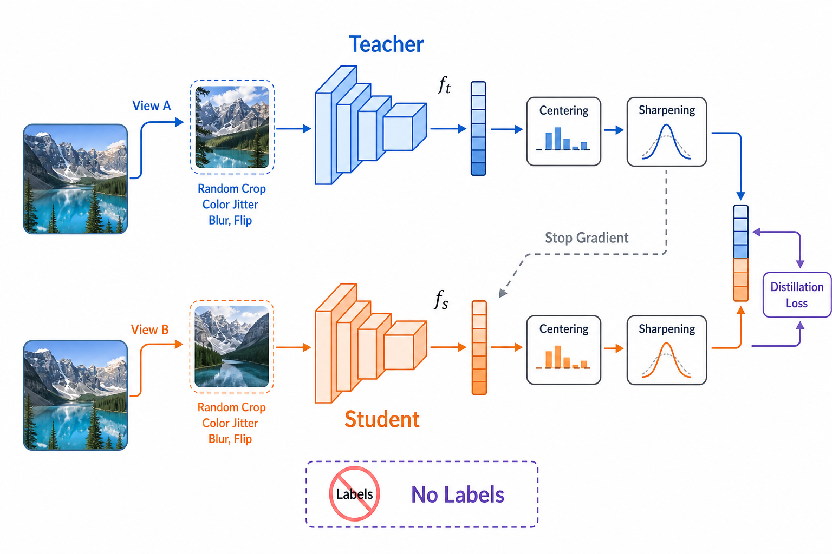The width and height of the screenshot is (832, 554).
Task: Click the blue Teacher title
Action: click(x=386, y=44)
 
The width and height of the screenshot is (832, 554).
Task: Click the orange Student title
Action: click(x=382, y=419)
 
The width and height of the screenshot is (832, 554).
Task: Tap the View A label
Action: click(x=152, y=105)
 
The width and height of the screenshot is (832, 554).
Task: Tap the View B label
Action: click(x=150, y=329)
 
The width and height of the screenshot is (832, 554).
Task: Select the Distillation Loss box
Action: click(x=797, y=295)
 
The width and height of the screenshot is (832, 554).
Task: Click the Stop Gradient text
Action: click(x=587, y=238)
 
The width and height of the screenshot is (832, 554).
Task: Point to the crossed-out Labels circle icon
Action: click(x=354, y=493)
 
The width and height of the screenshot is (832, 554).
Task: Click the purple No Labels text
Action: click(x=458, y=494)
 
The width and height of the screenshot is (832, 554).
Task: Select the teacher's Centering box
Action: click(x=564, y=131)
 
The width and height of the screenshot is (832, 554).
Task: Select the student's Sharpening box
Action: click(x=667, y=350)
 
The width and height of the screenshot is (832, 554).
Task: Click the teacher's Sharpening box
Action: click(x=667, y=131)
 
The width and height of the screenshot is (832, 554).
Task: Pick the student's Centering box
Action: click(x=564, y=350)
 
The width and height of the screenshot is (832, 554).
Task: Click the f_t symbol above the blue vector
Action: click(x=444, y=85)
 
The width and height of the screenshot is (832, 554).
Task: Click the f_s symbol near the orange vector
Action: click(x=441, y=299)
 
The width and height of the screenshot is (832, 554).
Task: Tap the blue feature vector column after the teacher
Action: click(x=478, y=128)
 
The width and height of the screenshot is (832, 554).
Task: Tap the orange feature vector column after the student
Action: click(x=479, y=347)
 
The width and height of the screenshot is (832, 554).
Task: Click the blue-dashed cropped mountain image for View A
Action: click(x=232, y=127)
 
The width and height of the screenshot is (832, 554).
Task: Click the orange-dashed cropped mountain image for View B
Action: click(x=232, y=347)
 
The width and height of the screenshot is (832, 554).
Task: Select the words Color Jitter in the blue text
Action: click(x=230, y=205)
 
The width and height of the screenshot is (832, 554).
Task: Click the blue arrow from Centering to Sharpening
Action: click(x=614, y=130)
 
